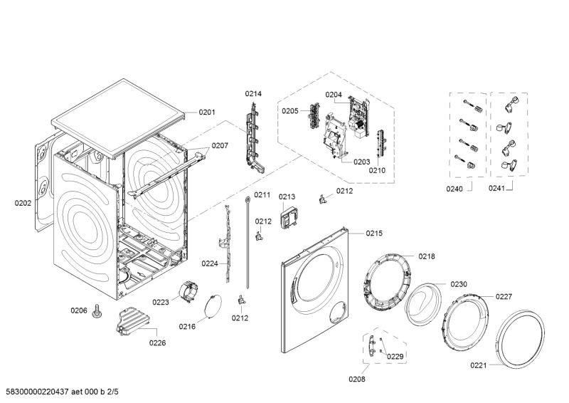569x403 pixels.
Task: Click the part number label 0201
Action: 207,112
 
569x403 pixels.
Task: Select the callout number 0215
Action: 374,234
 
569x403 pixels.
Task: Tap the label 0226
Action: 157,342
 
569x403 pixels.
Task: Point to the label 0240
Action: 454,189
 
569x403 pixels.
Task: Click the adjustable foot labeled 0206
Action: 97,311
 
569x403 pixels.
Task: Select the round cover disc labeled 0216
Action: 212,305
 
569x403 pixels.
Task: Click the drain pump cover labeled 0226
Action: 132,320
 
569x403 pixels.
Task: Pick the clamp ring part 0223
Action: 188,291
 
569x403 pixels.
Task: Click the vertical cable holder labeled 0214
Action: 255,138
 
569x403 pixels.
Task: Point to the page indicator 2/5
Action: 112,392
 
